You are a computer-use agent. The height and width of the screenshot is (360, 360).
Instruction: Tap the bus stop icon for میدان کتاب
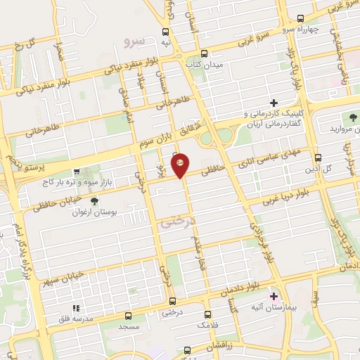pos(204,53)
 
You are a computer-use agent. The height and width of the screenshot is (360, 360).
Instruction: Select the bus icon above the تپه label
pos(166,32)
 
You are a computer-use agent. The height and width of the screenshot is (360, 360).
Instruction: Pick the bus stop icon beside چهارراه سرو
pos(301,18)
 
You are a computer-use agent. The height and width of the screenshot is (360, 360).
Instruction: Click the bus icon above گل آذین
pos(319,157)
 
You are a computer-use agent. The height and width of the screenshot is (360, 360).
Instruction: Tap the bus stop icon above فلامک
pos(207,314)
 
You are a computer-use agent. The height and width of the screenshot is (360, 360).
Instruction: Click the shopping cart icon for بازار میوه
pos(77,170)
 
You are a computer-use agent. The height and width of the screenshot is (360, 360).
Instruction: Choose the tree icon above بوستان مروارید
pos(352,117)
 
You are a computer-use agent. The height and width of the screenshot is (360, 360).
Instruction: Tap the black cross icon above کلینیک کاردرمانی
pos(274,103)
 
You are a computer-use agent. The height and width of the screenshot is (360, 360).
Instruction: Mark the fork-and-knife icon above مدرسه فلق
pos(77,307)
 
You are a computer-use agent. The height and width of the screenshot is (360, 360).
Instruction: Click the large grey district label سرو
pos(133,41)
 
